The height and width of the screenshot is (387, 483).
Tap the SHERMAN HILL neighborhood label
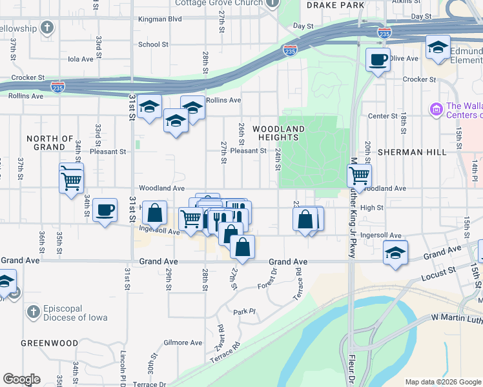coord(421,152)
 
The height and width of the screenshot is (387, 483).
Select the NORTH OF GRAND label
coord(50,143)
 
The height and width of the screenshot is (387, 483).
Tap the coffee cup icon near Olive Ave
coord(378,60)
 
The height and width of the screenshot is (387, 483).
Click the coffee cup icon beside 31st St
coord(105,210)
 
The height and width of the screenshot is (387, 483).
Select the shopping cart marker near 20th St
coord(359,175)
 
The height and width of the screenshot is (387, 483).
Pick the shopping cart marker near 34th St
coord(71,177)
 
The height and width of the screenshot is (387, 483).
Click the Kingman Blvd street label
coord(160,20)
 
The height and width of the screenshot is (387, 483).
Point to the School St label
coord(153,45)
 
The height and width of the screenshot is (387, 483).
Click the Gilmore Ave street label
coord(178,342)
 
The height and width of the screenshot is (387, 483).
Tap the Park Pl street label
coord(245,312)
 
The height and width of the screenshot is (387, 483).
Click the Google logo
coord(21,379)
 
